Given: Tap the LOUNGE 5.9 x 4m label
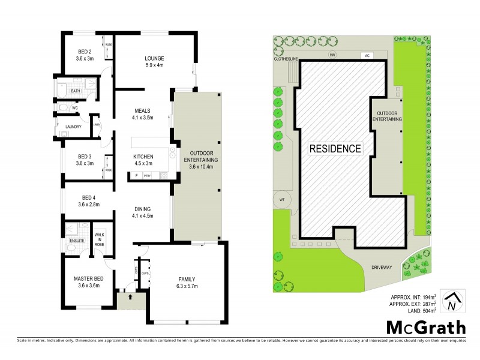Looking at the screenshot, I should (154, 62).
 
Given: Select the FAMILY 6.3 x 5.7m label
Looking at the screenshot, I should (190, 283).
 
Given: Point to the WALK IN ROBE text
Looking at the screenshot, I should (100, 233).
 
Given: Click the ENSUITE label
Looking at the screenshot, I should (76, 241).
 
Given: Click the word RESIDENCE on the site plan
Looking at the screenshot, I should (335, 148).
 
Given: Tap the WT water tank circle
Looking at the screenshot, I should (282, 199).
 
